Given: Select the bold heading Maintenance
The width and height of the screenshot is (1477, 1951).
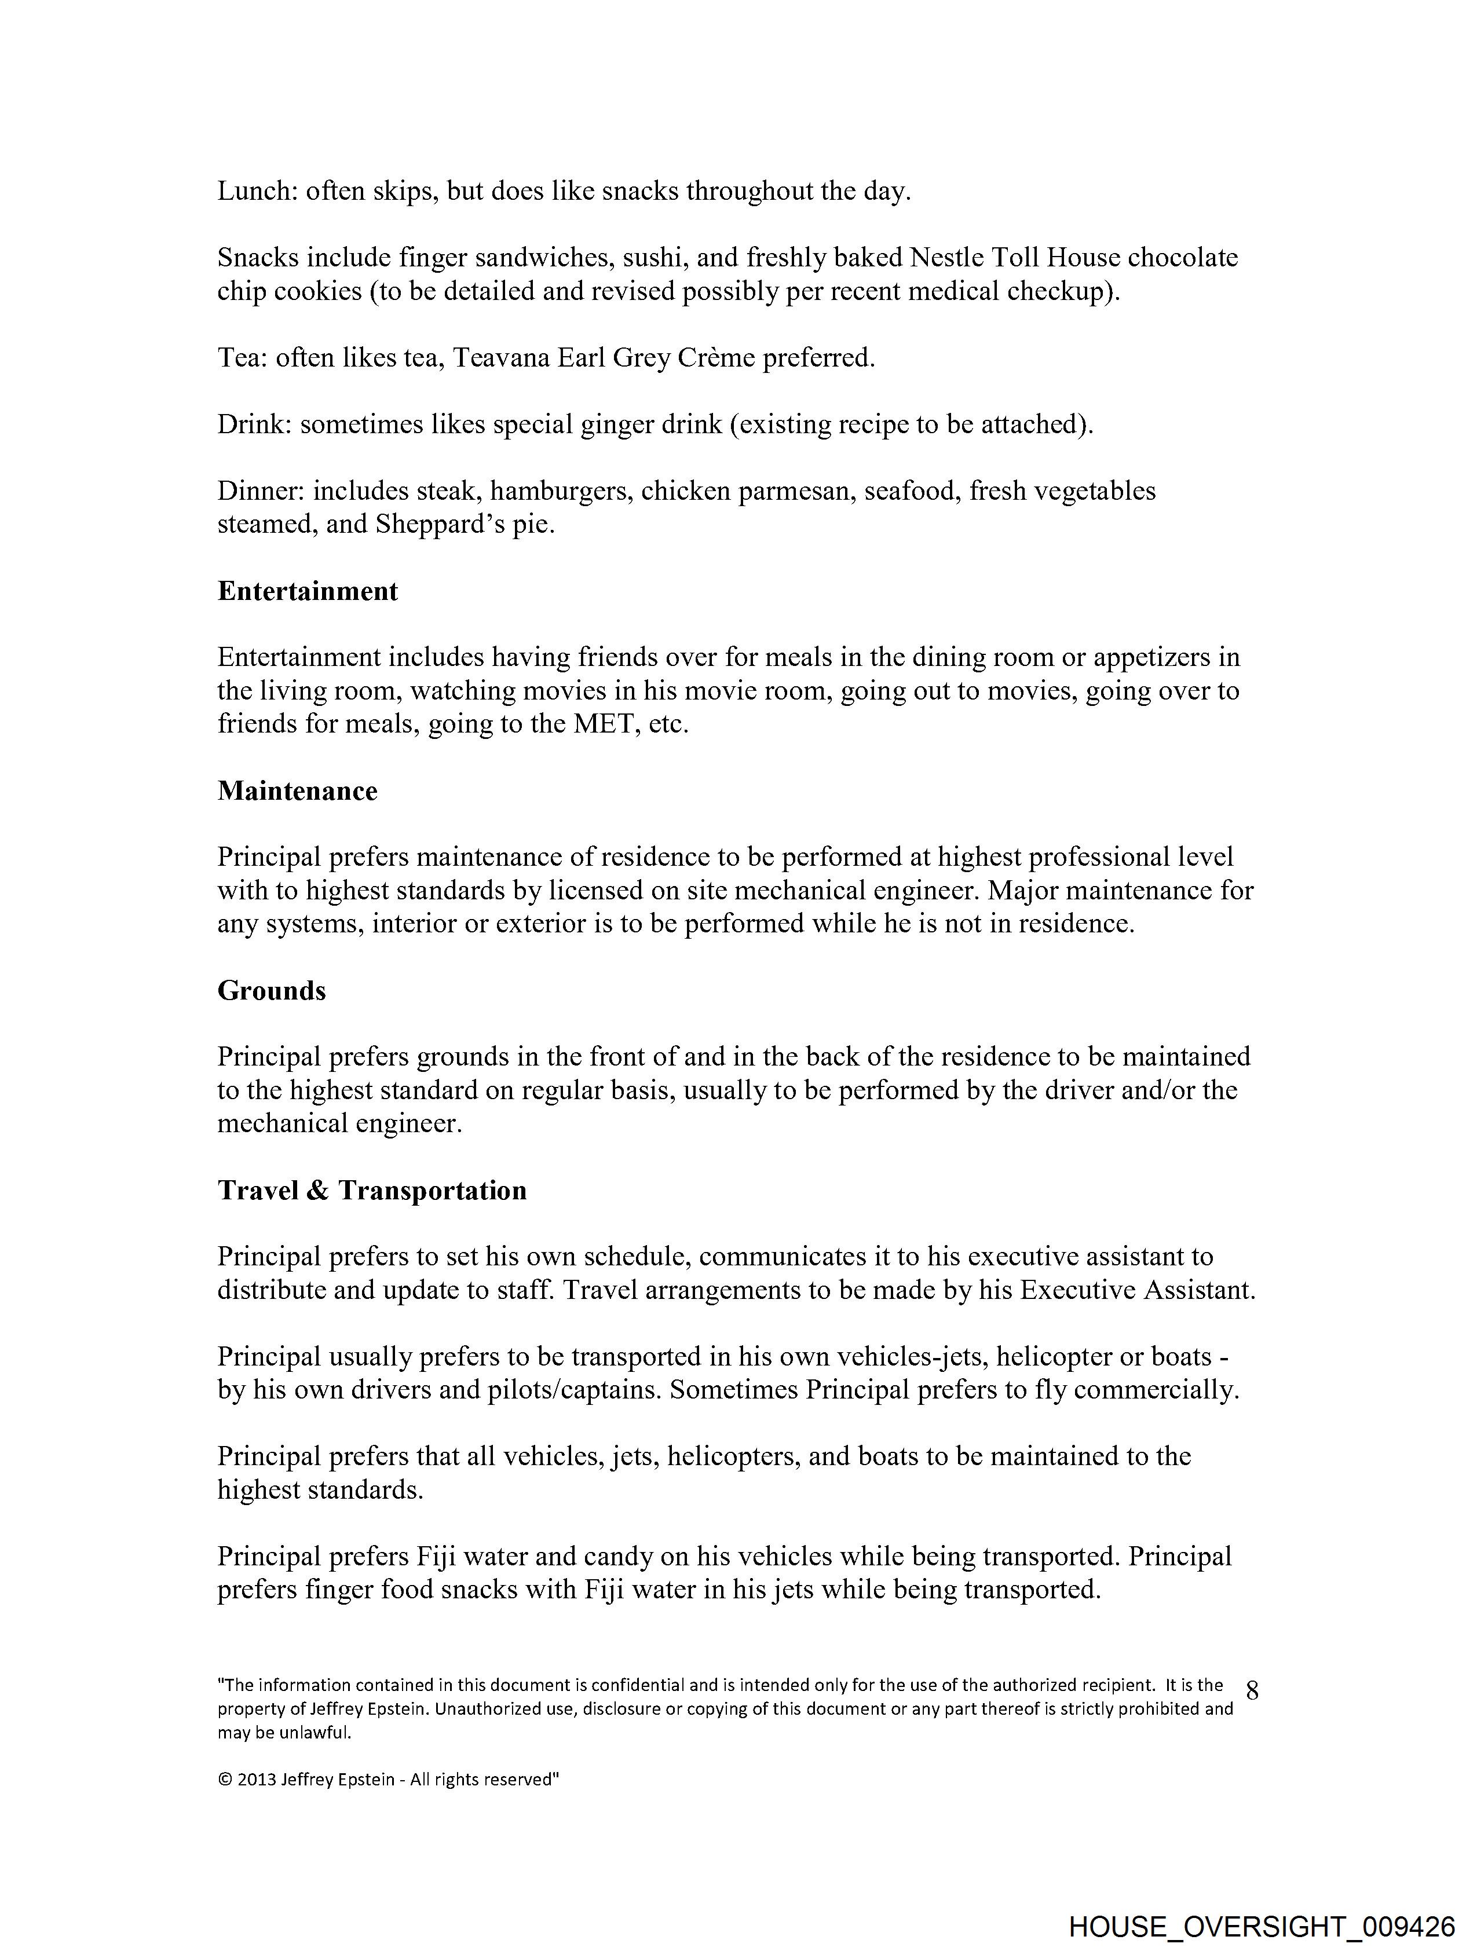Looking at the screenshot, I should (297, 791).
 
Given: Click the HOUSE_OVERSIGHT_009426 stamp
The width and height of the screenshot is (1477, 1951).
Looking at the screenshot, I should (1261, 1926).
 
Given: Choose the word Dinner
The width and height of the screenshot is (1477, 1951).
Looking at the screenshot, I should (259, 491).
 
